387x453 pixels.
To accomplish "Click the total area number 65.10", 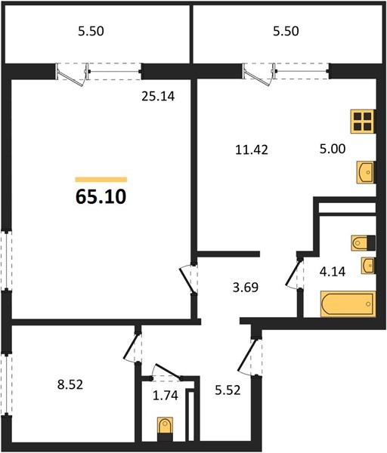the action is (101, 197).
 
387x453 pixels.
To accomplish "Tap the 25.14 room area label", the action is (158, 96).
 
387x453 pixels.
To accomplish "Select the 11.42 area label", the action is (252, 150).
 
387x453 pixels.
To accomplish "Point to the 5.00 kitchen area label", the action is (333, 149).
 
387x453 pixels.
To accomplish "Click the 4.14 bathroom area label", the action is (333, 272).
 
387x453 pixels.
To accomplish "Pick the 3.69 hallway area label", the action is (245, 288).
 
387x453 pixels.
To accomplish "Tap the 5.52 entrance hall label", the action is (228, 390).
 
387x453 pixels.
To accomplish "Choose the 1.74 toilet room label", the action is (165, 395).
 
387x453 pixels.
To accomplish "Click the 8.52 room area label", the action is (70, 384).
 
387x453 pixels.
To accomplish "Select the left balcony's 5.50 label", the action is (91, 31).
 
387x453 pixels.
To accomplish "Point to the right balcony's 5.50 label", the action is (286, 31).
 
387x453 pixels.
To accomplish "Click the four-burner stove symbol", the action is (363, 122).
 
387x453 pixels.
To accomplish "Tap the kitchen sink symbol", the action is (366, 172).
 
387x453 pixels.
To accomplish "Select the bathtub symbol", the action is (348, 304).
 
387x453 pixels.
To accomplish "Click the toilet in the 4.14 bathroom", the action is (364, 243).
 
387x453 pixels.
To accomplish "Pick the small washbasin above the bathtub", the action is (368, 265).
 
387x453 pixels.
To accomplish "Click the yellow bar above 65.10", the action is (101, 180).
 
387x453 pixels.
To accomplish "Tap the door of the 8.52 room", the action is (132, 347).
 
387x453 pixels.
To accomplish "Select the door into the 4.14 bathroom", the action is (294, 273).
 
